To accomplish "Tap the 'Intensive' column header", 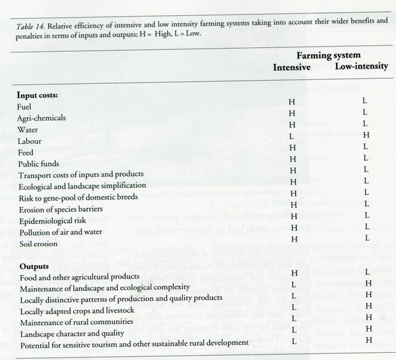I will [x=291, y=67].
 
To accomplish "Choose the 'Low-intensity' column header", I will [x=361, y=67].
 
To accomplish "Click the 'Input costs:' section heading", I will [x=41, y=95].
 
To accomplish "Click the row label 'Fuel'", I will [x=26, y=106].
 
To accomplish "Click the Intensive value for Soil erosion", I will [x=292, y=238].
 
